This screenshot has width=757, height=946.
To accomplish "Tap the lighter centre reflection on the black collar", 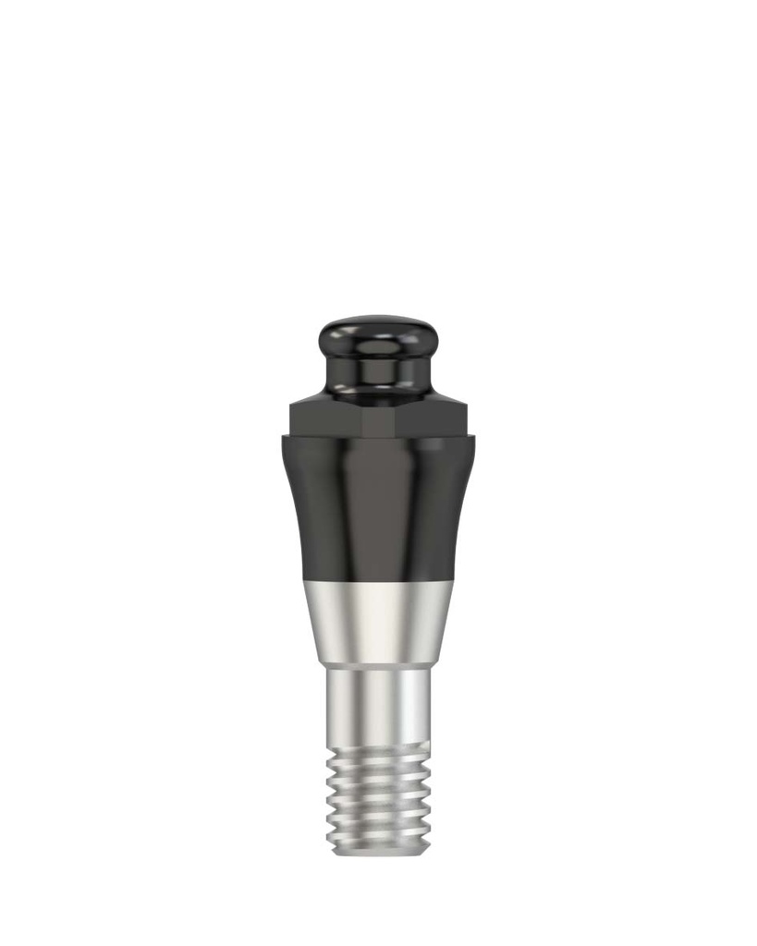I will click(x=378, y=508).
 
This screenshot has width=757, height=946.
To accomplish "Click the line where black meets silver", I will click(x=378, y=583).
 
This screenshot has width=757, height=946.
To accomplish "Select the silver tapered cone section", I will click(x=378, y=624).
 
